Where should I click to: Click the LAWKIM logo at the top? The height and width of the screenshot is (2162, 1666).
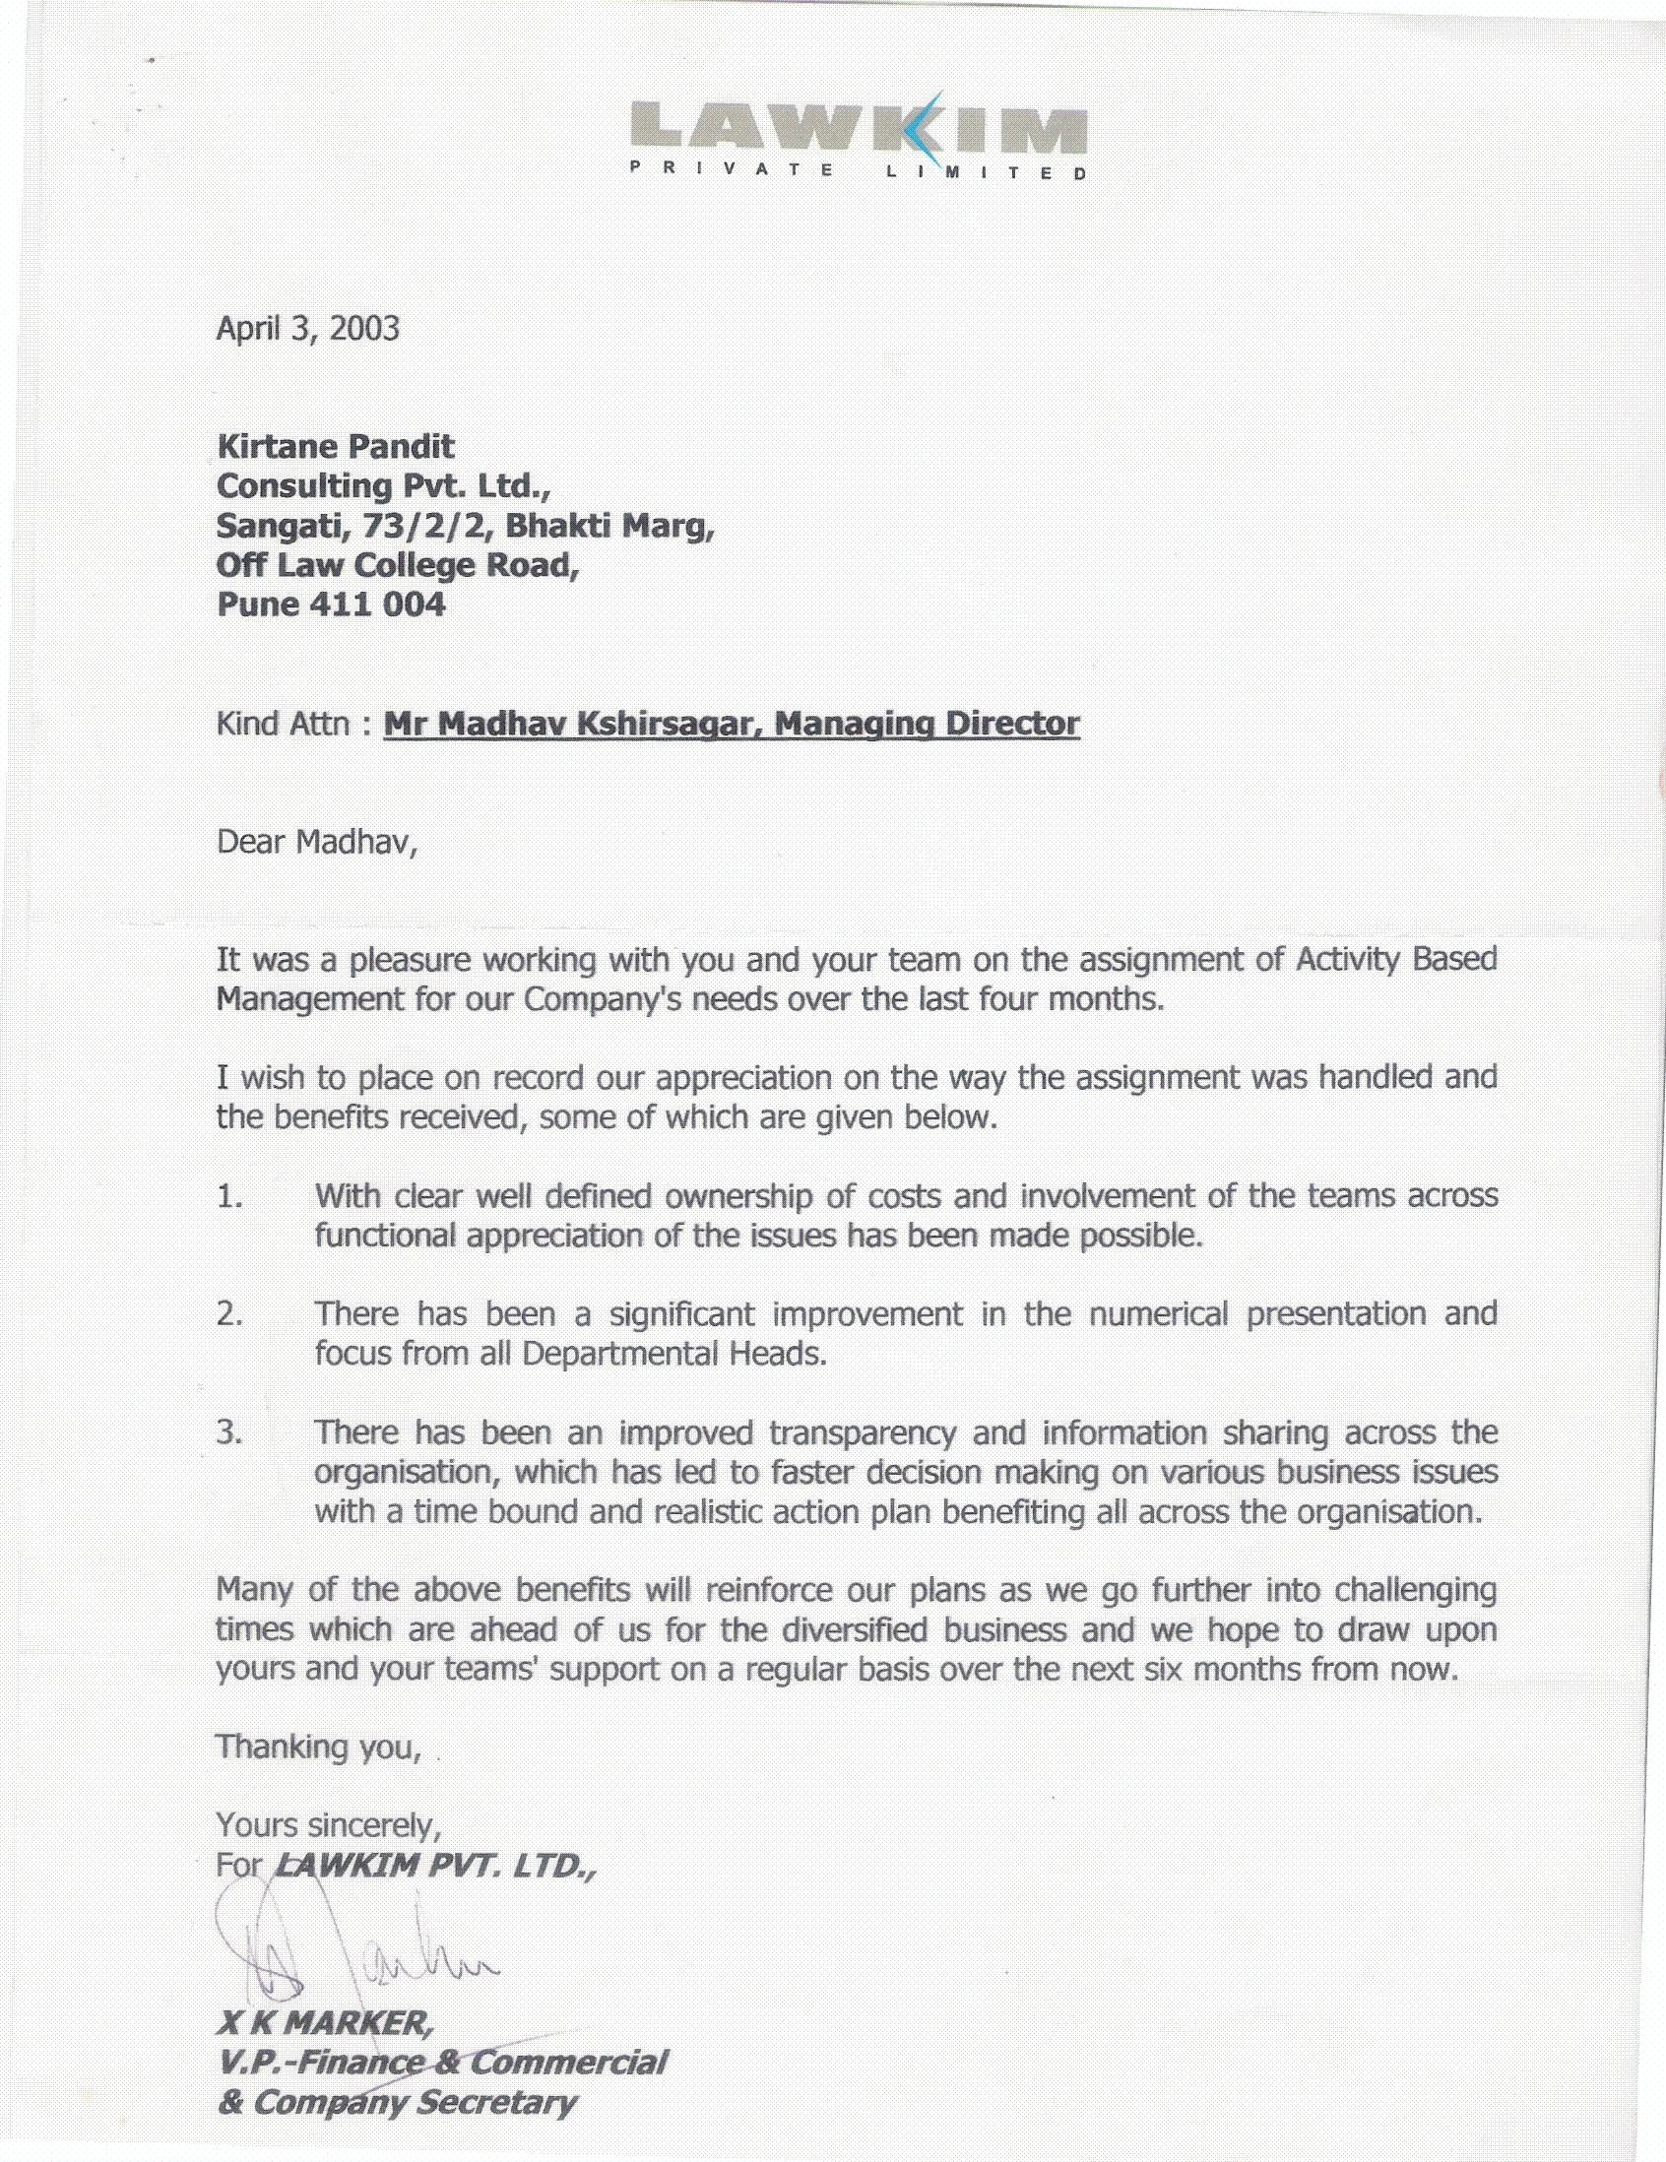(x=858, y=129)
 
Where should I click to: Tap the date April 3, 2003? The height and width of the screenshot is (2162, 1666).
(x=308, y=329)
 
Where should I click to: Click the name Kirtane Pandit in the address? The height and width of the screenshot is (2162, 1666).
(x=336, y=446)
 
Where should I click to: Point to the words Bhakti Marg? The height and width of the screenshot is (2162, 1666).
(x=609, y=525)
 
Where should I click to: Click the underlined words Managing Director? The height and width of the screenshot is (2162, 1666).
(x=927, y=724)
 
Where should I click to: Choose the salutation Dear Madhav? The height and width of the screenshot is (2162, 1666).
(x=316, y=842)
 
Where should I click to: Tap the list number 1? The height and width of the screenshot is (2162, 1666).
(x=228, y=1196)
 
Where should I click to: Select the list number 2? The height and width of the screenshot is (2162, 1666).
(x=228, y=1313)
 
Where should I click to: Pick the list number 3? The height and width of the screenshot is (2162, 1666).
(x=228, y=1431)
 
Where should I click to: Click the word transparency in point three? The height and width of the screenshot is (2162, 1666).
(x=863, y=1433)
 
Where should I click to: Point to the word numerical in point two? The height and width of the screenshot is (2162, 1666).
(x=1158, y=1313)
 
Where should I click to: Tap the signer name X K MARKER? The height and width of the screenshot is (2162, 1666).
(x=325, y=2023)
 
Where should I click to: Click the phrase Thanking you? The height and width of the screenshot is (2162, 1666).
(x=318, y=1748)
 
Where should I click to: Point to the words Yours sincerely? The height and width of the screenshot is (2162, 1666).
(x=328, y=1825)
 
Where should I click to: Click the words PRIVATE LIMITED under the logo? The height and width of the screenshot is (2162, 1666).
(x=858, y=171)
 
